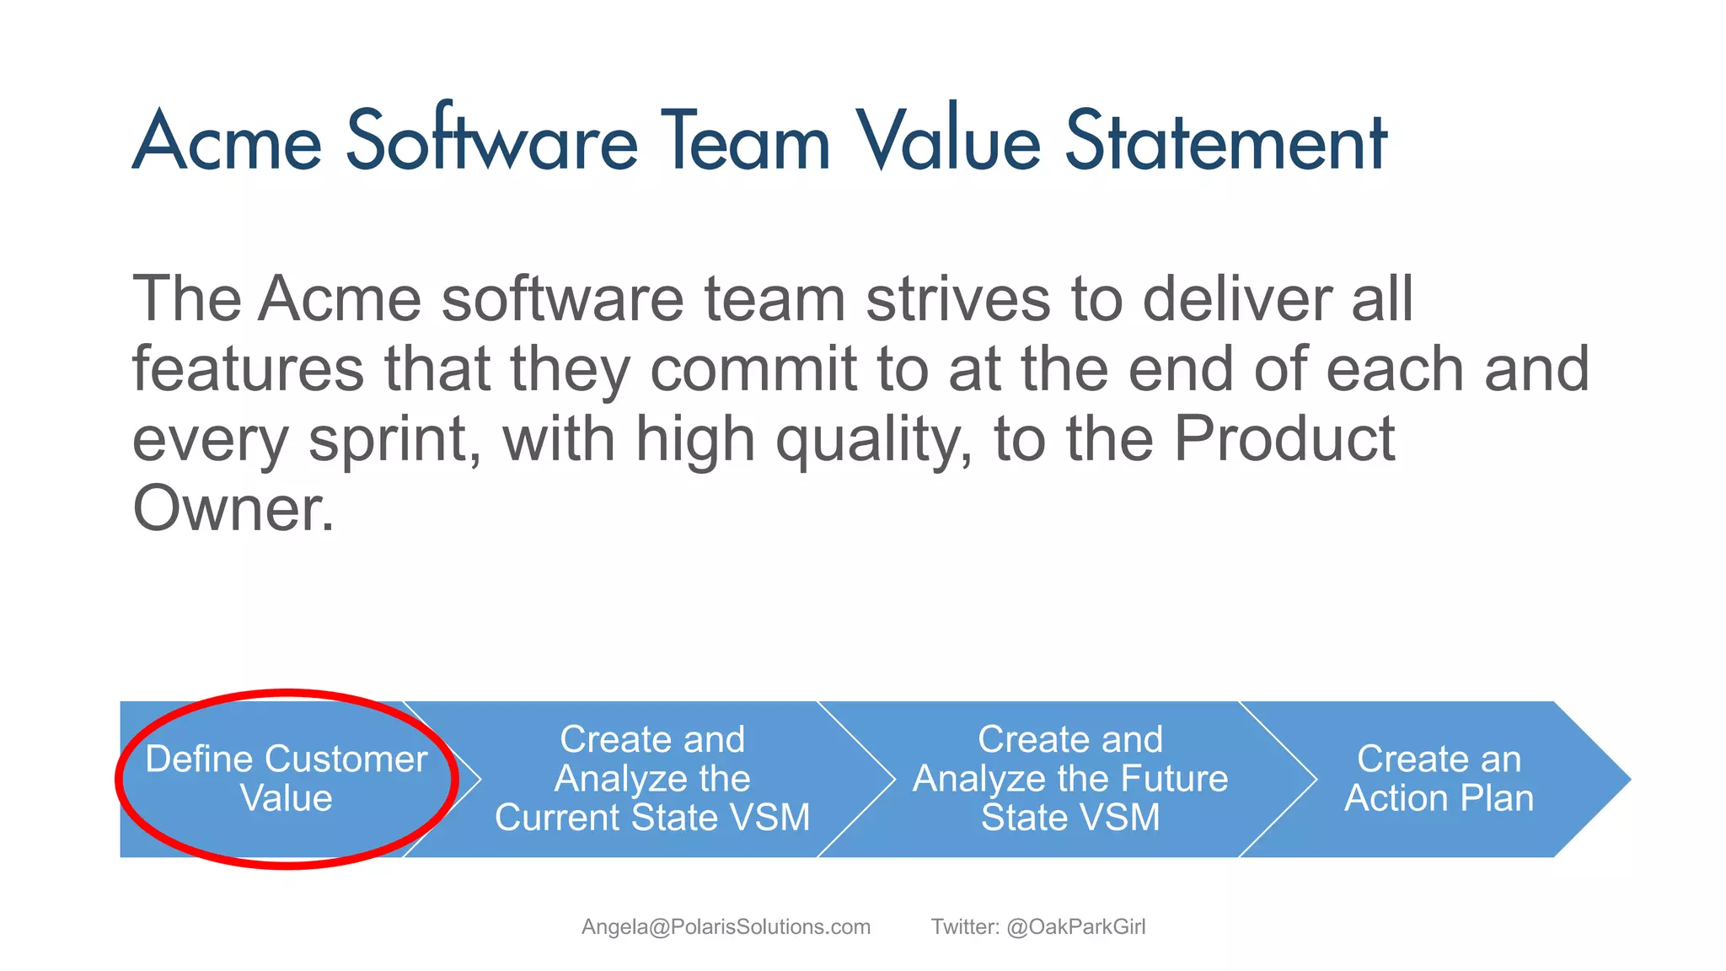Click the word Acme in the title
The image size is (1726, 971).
tap(228, 142)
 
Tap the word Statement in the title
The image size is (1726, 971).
tap(1225, 142)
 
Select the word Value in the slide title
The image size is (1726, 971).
tap(949, 142)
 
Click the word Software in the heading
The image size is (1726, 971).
tap(491, 142)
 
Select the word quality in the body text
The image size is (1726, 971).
tap(873, 440)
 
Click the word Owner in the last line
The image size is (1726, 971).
tap(233, 509)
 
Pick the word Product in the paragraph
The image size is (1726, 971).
tap(1284, 439)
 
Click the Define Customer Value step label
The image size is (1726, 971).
tap(287, 778)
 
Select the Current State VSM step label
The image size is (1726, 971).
tap(651, 778)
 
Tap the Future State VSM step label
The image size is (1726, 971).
tap(1070, 778)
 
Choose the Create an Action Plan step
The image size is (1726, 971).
tap(1439, 778)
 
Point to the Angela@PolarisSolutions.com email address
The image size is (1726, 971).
tap(726, 927)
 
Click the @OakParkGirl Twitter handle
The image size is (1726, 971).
tap(1075, 927)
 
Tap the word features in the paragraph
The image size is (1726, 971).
tap(248, 370)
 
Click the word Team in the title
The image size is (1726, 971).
tap(746, 142)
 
